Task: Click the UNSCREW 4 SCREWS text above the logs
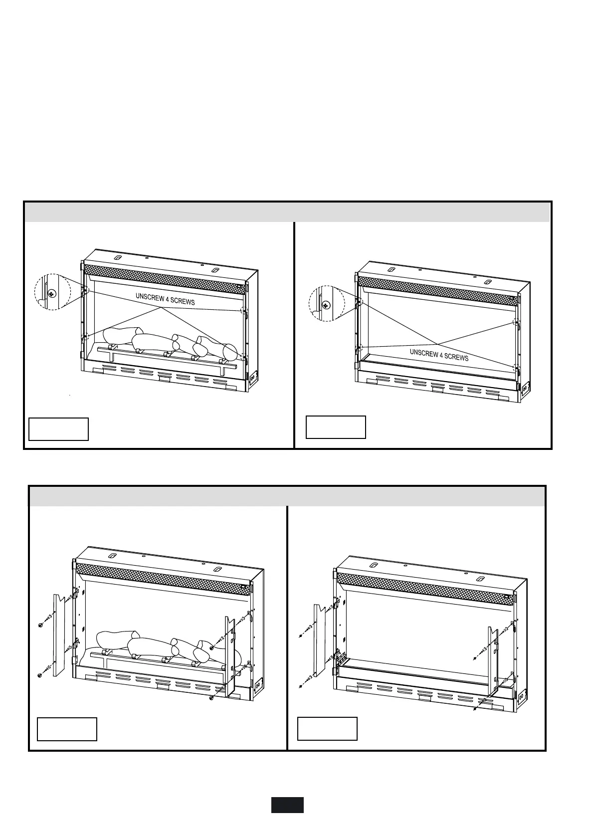tap(165, 299)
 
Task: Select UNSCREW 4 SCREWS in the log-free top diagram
tap(439, 355)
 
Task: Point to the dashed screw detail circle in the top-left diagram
tap(52, 292)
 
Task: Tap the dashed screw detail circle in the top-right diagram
tap(327, 303)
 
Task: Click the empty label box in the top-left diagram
tap(58, 429)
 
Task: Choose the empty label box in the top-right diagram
tap(336, 427)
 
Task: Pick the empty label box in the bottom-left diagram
tap(67, 729)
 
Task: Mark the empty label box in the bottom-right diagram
tap(327, 729)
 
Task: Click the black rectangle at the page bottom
tap(287, 805)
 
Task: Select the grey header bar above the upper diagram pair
tap(287, 212)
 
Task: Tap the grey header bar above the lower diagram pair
tap(287, 496)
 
